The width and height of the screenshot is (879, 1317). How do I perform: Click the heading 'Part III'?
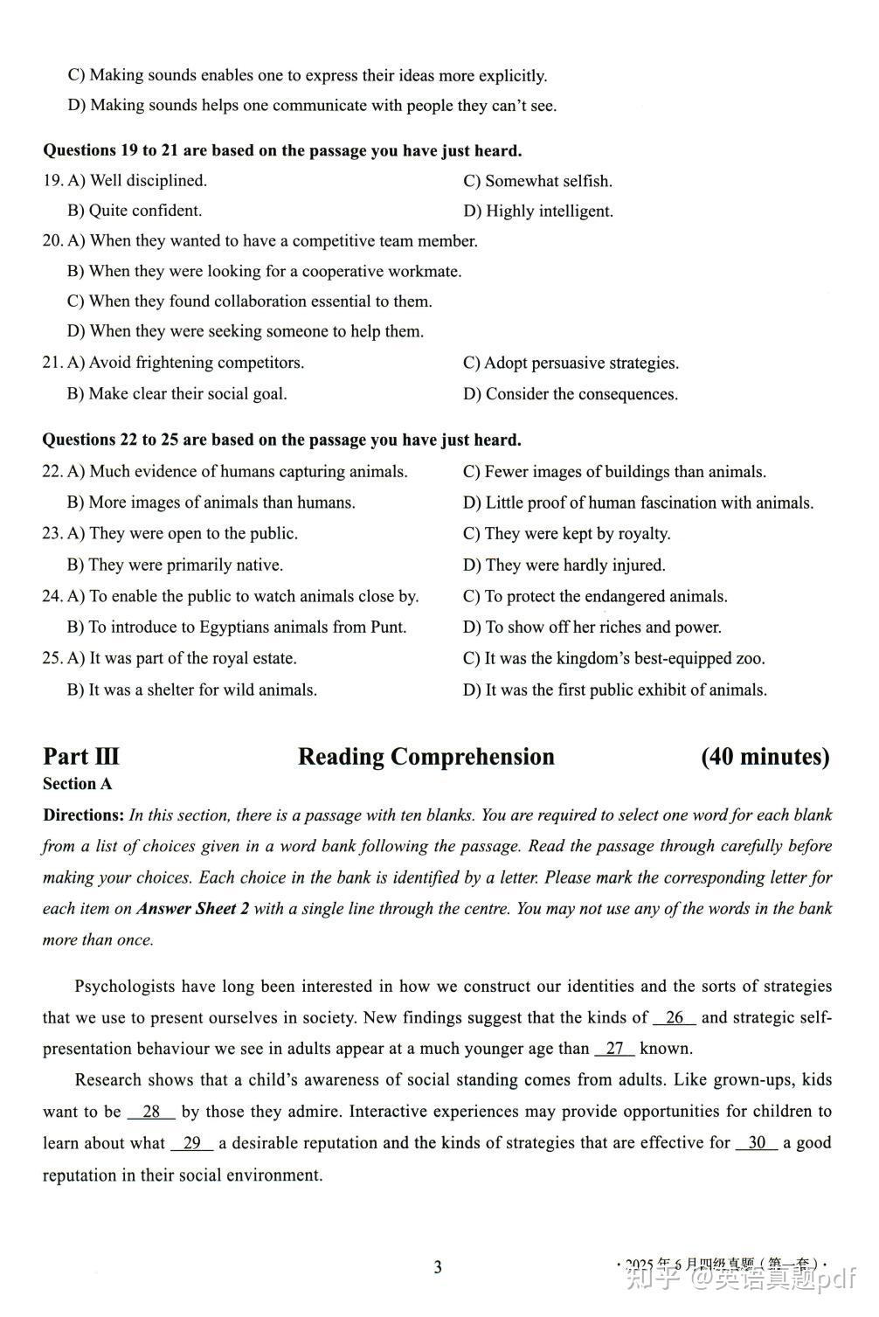pyautogui.click(x=81, y=757)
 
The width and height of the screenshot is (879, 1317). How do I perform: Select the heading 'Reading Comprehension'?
pyautogui.click(x=426, y=757)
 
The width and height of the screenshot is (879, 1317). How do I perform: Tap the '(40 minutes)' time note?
pyautogui.click(x=765, y=757)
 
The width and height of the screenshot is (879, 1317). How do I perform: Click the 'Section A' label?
pyautogui.click(x=78, y=784)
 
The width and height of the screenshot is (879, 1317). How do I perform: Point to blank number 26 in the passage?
pyautogui.click(x=675, y=1017)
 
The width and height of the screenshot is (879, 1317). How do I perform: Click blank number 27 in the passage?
pyautogui.click(x=615, y=1049)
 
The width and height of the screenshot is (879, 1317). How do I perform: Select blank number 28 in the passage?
pyautogui.click(x=151, y=1112)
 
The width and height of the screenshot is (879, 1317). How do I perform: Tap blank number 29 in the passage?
pyautogui.click(x=192, y=1143)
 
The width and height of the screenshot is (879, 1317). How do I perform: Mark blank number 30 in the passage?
pyautogui.click(x=757, y=1143)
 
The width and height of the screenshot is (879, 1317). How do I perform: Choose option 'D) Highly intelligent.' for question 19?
pyautogui.click(x=538, y=211)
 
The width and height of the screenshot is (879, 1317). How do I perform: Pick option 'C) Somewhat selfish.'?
pyautogui.click(x=537, y=181)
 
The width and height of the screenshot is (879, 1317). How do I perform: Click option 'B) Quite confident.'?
pyautogui.click(x=135, y=211)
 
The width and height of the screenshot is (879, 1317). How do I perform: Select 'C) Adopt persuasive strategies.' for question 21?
pyautogui.click(x=571, y=363)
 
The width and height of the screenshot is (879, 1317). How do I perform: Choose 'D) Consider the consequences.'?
pyautogui.click(x=571, y=394)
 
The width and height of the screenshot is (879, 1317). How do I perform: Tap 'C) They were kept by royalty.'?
pyautogui.click(x=566, y=534)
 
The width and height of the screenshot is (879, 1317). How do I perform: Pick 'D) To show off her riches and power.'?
pyautogui.click(x=592, y=627)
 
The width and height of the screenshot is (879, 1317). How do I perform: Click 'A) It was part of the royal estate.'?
pyautogui.click(x=182, y=658)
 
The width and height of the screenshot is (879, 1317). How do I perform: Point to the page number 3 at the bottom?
pyautogui.click(x=438, y=1267)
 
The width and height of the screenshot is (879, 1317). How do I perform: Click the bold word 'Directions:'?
pyautogui.click(x=84, y=815)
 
